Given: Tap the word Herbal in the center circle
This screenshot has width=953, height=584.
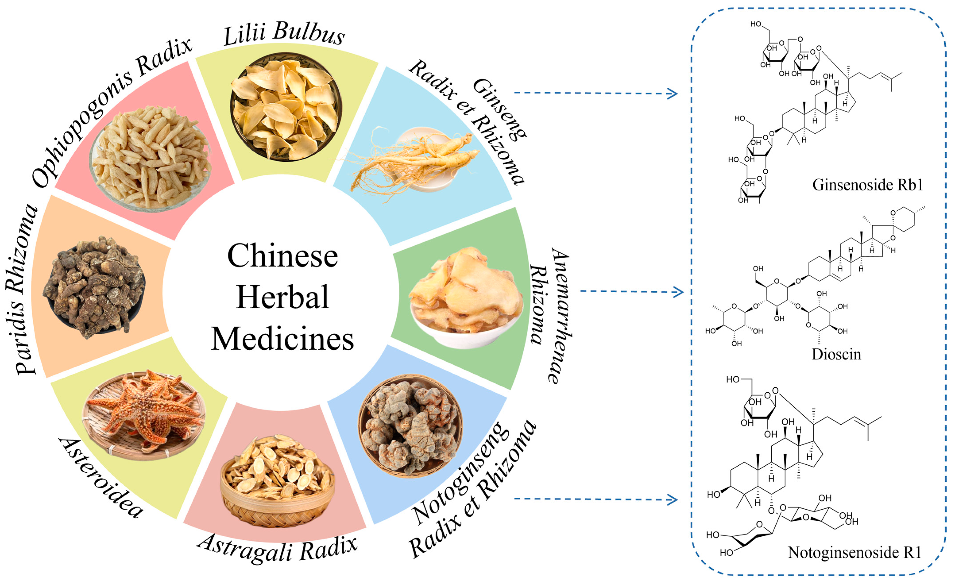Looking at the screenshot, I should (x=282, y=297).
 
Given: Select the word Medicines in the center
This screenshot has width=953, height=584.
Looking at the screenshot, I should (x=282, y=339).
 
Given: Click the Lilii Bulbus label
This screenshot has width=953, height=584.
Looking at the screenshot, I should (x=284, y=34).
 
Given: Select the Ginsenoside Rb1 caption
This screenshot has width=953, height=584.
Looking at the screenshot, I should (x=867, y=185).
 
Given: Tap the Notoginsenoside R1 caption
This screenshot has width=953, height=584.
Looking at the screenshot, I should (x=854, y=553).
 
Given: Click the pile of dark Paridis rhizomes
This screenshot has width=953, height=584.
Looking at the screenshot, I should (x=95, y=286).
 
